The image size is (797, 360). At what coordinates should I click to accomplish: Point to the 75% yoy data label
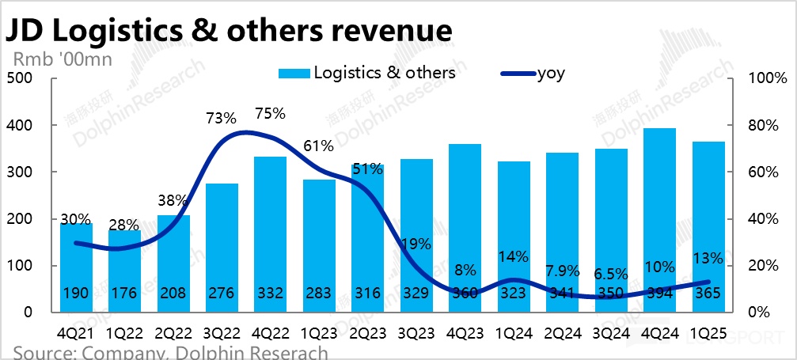(x=270, y=113)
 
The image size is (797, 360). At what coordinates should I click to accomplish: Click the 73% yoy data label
(x=221, y=119)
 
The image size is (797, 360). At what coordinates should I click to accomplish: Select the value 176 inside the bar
(x=124, y=293)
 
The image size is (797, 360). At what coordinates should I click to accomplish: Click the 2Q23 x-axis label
(x=366, y=332)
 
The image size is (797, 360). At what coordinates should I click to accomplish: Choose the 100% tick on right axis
(x=769, y=78)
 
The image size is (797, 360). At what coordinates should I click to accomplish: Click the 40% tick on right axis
(x=765, y=219)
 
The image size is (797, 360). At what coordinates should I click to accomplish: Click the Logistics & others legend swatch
(x=294, y=74)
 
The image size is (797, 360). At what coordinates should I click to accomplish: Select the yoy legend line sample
(x=518, y=74)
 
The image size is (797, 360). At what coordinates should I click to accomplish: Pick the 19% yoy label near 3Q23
(x=415, y=244)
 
